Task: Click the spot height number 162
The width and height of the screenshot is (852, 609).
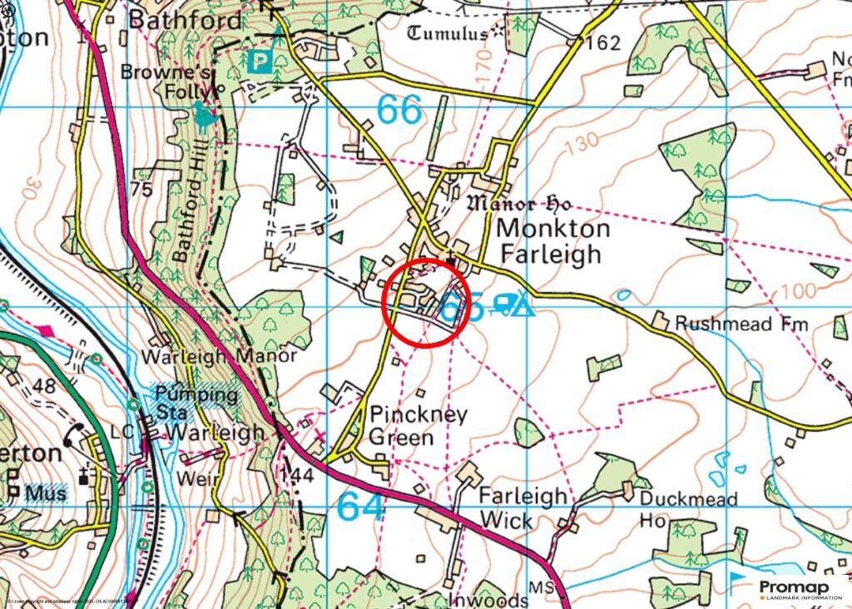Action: point(603,43)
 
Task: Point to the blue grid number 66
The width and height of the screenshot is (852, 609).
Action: point(399,110)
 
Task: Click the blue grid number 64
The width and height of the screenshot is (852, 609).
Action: point(362,506)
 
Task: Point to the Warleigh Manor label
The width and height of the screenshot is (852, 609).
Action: point(219,355)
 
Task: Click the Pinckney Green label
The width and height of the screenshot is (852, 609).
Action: point(407,425)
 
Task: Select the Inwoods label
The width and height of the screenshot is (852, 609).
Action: point(476,599)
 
